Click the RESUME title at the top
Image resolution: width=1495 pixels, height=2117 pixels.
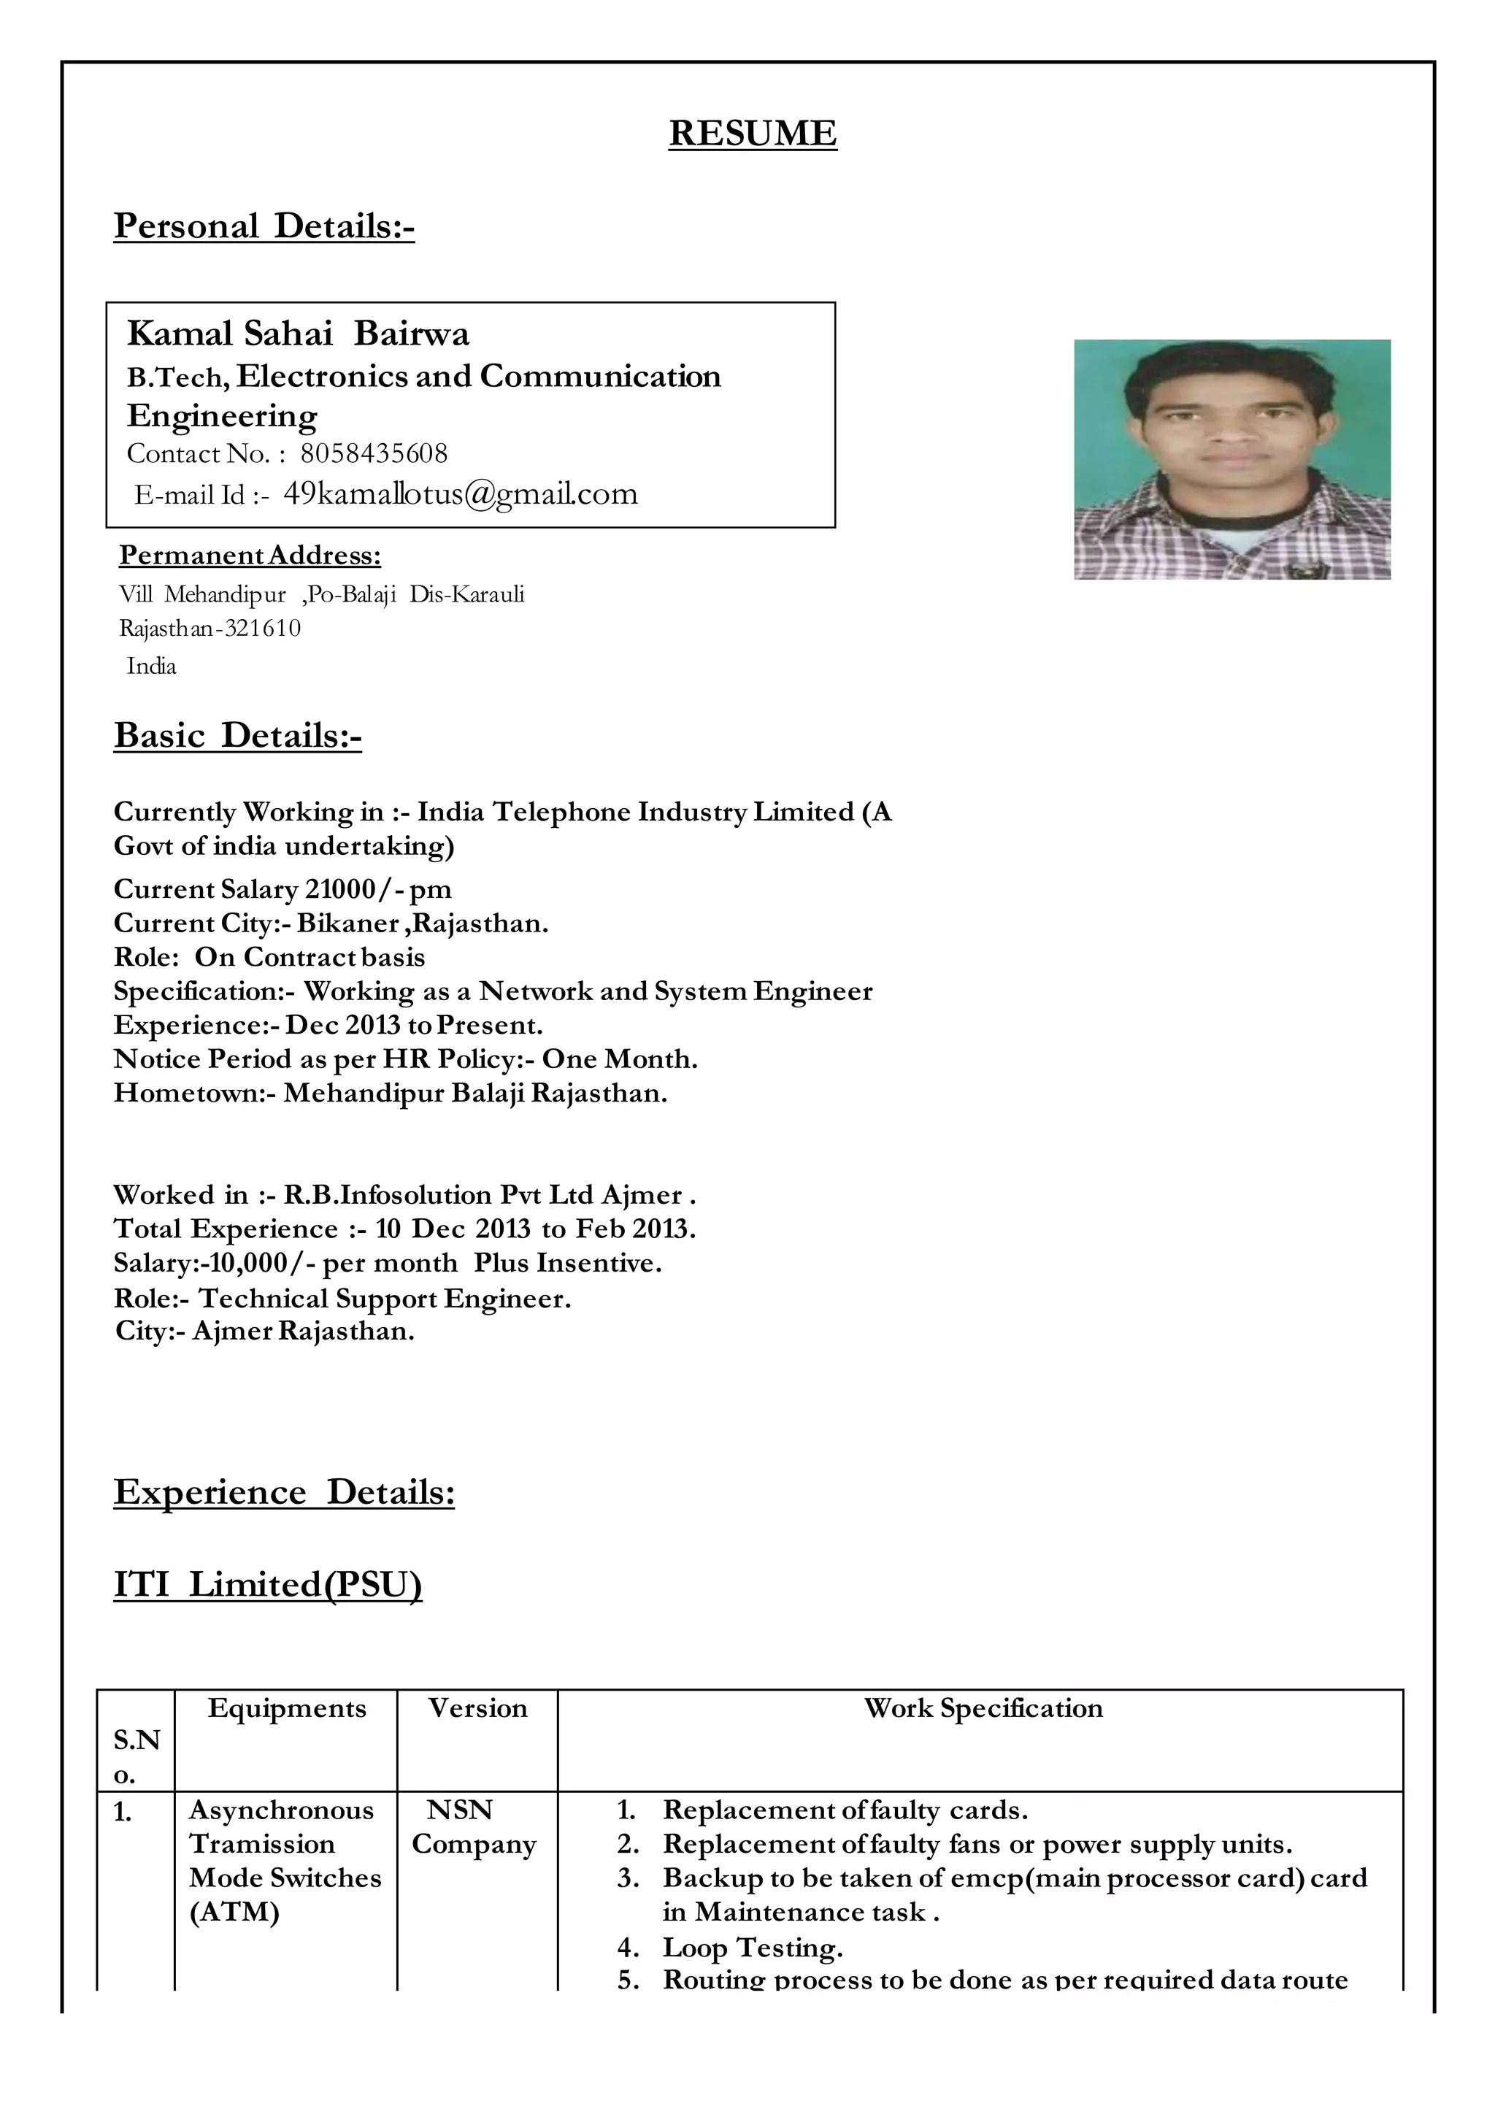pyautogui.click(x=753, y=134)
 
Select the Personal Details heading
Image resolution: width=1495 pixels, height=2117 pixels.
pyautogui.click(x=264, y=226)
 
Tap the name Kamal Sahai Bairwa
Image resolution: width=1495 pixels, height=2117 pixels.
pyautogui.click(x=298, y=334)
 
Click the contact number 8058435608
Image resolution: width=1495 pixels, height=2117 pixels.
pyautogui.click(x=374, y=453)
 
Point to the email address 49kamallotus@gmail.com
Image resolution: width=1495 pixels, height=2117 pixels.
pyautogui.click(x=460, y=494)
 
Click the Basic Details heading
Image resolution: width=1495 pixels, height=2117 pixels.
pyautogui.click(x=237, y=736)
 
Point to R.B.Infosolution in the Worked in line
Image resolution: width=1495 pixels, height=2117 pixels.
pyautogui.click(x=388, y=1195)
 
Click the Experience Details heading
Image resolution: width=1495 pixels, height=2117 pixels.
pyautogui.click(x=284, y=1492)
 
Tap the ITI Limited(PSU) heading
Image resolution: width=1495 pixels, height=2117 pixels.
pyautogui.click(x=267, y=1584)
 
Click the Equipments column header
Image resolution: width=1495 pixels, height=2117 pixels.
pyautogui.click(x=287, y=1707)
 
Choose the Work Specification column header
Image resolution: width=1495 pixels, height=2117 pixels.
pyautogui.click(x=983, y=1707)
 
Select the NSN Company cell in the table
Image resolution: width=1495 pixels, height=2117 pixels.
pyautogui.click(x=474, y=1826)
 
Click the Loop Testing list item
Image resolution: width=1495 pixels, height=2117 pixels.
pyautogui.click(x=753, y=1948)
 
